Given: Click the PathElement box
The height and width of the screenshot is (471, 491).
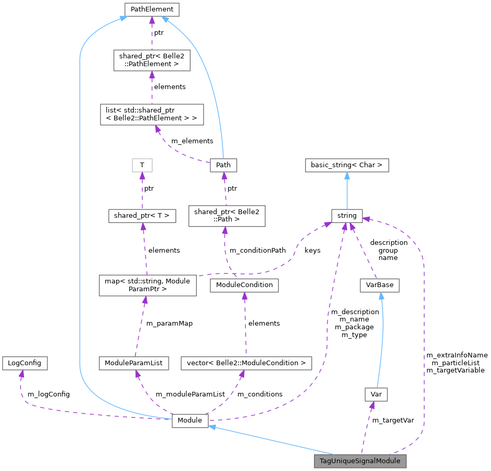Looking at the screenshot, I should click(152, 9).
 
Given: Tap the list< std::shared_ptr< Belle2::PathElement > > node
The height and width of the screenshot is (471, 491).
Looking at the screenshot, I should click(152, 114).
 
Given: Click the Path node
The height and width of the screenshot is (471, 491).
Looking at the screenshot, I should click(223, 165).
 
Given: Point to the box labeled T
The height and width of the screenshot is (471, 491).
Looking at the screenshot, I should click(142, 165).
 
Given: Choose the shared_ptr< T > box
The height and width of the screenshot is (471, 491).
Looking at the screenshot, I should click(142, 215).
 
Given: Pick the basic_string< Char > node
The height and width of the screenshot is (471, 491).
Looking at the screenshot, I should click(347, 165).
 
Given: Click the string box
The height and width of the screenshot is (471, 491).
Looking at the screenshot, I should click(347, 215).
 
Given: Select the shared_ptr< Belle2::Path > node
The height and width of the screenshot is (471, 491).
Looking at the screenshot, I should click(226, 216).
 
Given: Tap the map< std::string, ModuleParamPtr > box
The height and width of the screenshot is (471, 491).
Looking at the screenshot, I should click(148, 285).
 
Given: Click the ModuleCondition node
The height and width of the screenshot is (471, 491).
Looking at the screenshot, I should click(244, 285).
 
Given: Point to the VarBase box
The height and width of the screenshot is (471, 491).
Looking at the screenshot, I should click(380, 285).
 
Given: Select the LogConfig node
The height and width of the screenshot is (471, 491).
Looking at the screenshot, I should click(24, 363).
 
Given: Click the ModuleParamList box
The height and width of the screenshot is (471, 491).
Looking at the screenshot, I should click(134, 363).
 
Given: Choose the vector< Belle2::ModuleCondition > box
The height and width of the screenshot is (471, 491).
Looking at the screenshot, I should click(246, 363).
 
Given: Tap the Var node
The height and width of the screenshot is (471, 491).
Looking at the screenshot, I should click(376, 394).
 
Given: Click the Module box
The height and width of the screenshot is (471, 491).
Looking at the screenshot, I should click(190, 420).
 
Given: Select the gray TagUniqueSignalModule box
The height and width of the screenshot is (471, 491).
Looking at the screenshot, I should click(360, 461).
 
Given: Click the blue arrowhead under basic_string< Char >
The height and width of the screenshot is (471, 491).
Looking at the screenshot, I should click(347, 175).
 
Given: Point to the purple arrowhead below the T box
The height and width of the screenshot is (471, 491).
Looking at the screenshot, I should click(142, 176).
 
